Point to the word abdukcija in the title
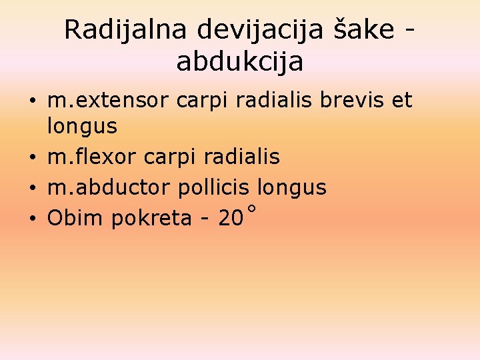(240, 61)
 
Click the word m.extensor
(108, 101)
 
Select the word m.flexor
(92, 157)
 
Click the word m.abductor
(109, 188)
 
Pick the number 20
(231, 218)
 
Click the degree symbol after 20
(251, 209)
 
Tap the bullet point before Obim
(32, 219)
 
